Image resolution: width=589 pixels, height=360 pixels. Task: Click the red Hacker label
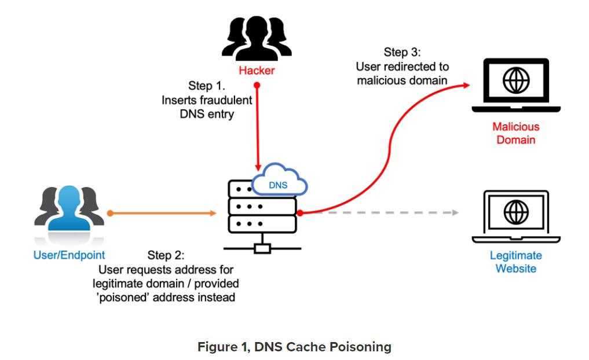pyautogui.click(x=257, y=71)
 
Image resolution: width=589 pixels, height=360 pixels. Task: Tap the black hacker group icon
pyautogui.click(x=257, y=38)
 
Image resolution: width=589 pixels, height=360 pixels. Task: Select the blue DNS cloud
pyautogui.click(x=281, y=181)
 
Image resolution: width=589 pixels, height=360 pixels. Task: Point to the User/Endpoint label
pyautogui.click(x=69, y=255)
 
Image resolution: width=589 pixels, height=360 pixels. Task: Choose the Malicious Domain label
pyautogui.click(x=515, y=133)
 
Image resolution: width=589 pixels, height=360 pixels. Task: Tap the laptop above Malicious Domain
pyautogui.click(x=515, y=85)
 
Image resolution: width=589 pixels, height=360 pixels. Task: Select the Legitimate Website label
pyautogui.click(x=515, y=262)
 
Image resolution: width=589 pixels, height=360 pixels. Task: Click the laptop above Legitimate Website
pyautogui.click(x=515, y=216)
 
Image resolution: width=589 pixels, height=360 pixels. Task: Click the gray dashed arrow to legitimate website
pyautogui.click(x=382, y=213)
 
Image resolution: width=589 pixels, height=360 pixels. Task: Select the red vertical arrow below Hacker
pyautogui.click(x=257, y=124)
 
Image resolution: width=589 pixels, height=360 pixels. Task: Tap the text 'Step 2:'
pyautogui.click(x=166, y=255)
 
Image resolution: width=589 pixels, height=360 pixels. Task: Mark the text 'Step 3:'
pyautogui.click(x=403, y=53)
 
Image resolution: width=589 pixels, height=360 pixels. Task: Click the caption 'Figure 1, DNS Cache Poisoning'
pyautogui.click(x=294, y=347)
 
